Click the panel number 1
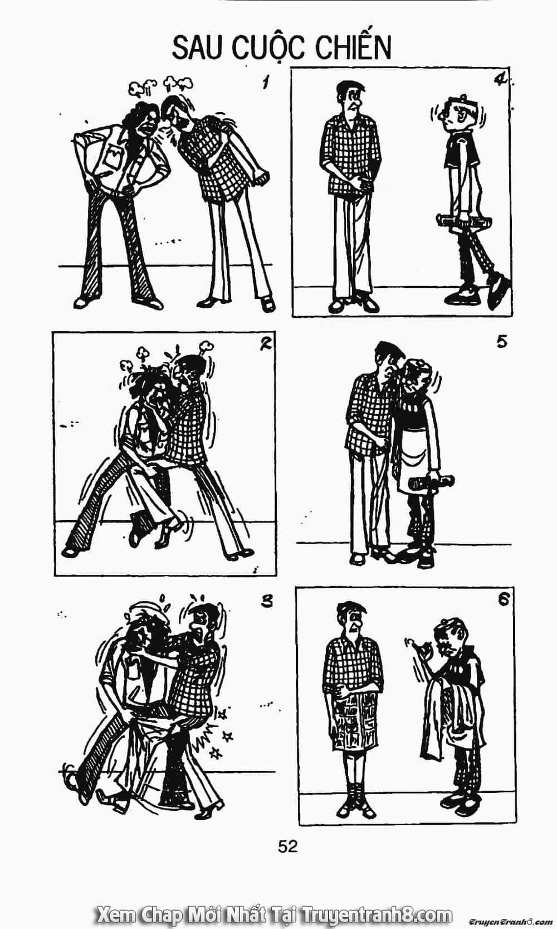point(264,83)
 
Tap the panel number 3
point(267,601)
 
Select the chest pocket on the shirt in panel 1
point(112,157)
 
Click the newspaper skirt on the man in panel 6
point(352,720)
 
